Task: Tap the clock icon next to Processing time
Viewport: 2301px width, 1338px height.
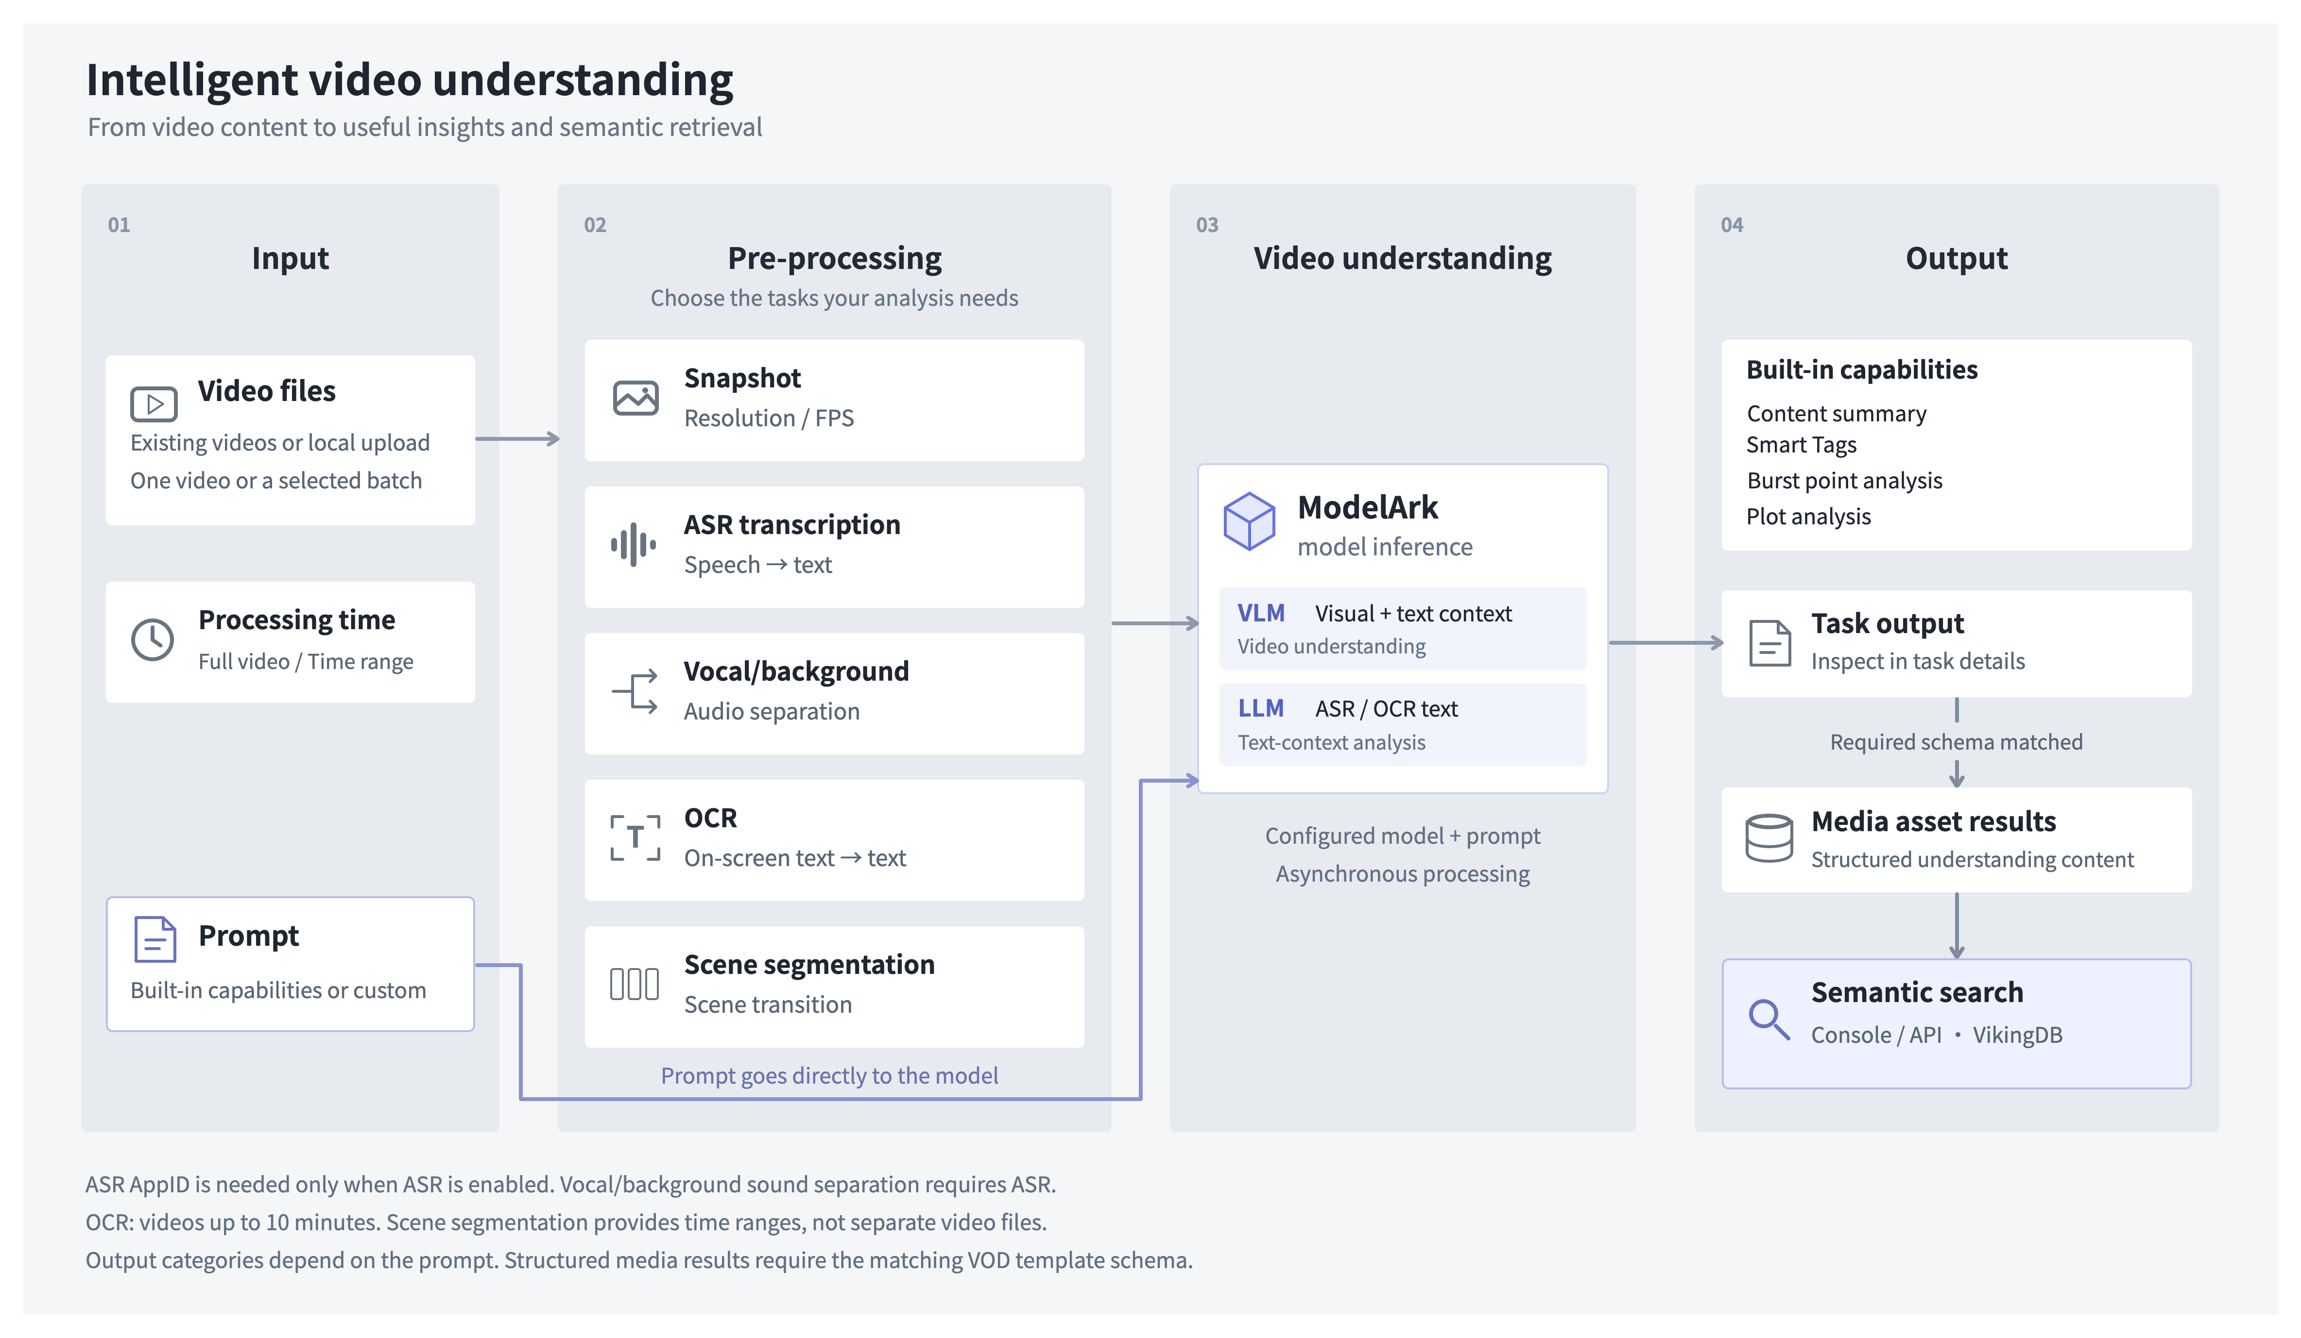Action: coord(153,640)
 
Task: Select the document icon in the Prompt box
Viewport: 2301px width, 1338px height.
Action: coord(155,939)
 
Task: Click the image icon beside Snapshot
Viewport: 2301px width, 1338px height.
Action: coord(635,398)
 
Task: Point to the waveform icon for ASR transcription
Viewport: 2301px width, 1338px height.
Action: coord(634,545)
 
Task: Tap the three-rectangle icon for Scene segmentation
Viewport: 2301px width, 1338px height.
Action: coord(635,984)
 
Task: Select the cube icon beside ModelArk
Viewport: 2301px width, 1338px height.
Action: coord(1249,521)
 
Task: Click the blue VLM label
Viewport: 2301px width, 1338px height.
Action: coord(1261,613)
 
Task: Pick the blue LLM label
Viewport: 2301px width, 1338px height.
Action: coord(1261,708)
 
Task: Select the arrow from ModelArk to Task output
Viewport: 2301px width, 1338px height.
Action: coord(1666,642)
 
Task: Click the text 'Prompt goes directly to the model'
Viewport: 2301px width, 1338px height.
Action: coord(829,1075)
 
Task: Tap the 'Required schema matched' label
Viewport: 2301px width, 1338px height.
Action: coord(1956,742)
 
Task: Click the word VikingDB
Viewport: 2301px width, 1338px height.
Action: coord(2018,1035)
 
